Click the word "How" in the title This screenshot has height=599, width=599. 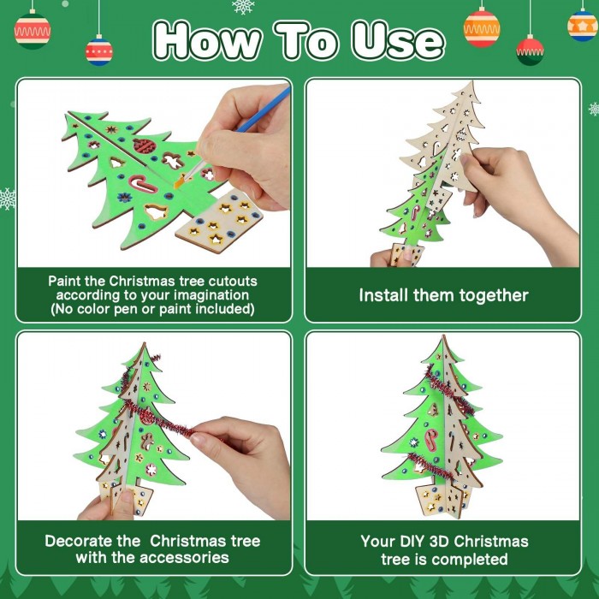[x=207, y=41]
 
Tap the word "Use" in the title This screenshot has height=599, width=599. [x=398, y=41]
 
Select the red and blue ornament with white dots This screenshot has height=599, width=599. [x=99, y=51]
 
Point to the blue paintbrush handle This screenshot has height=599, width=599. [x=263, y=110]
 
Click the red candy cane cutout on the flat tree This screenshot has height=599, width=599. [x=142, y=183]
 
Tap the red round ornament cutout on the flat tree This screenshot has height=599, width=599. [x=144, y=145]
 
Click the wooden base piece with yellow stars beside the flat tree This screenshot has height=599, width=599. [x=219, y=222]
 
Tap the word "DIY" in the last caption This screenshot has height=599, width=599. [x=412, y=542]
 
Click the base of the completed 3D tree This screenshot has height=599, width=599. [x=443, y=499]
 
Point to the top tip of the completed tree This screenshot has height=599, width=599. [x=443, y=335]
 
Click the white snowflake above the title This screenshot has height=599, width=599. [x=242, y=7]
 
